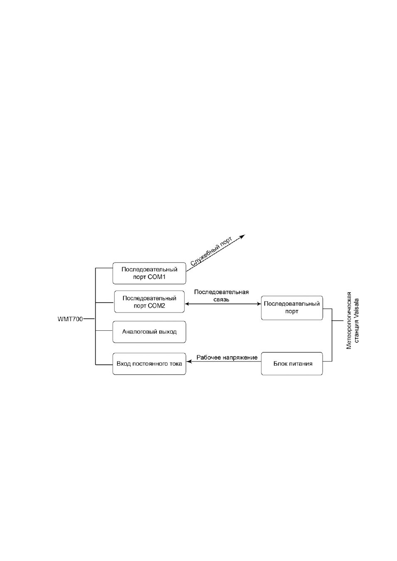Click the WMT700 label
tap(70, 319)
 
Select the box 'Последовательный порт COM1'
tap(149, 273)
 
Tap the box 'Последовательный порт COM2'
tap(149, 302)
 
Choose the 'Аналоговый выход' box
tap(149, 332)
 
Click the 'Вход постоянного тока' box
tap(149, 364)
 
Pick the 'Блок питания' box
tap(292, 364)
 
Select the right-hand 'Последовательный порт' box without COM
tap(292, 308)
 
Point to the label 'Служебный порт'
tap(212, 251)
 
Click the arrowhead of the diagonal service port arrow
tap(242, 236)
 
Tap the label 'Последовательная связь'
tap(222, 296)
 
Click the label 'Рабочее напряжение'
tap(227, 357)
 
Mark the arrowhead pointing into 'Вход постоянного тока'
tap(189, 362)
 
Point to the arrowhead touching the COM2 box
tap(187, 304)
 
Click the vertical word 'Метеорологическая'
tap(349, 320)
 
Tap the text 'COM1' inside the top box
tap(157, 277)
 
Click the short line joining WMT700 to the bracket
tap(89, 319)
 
